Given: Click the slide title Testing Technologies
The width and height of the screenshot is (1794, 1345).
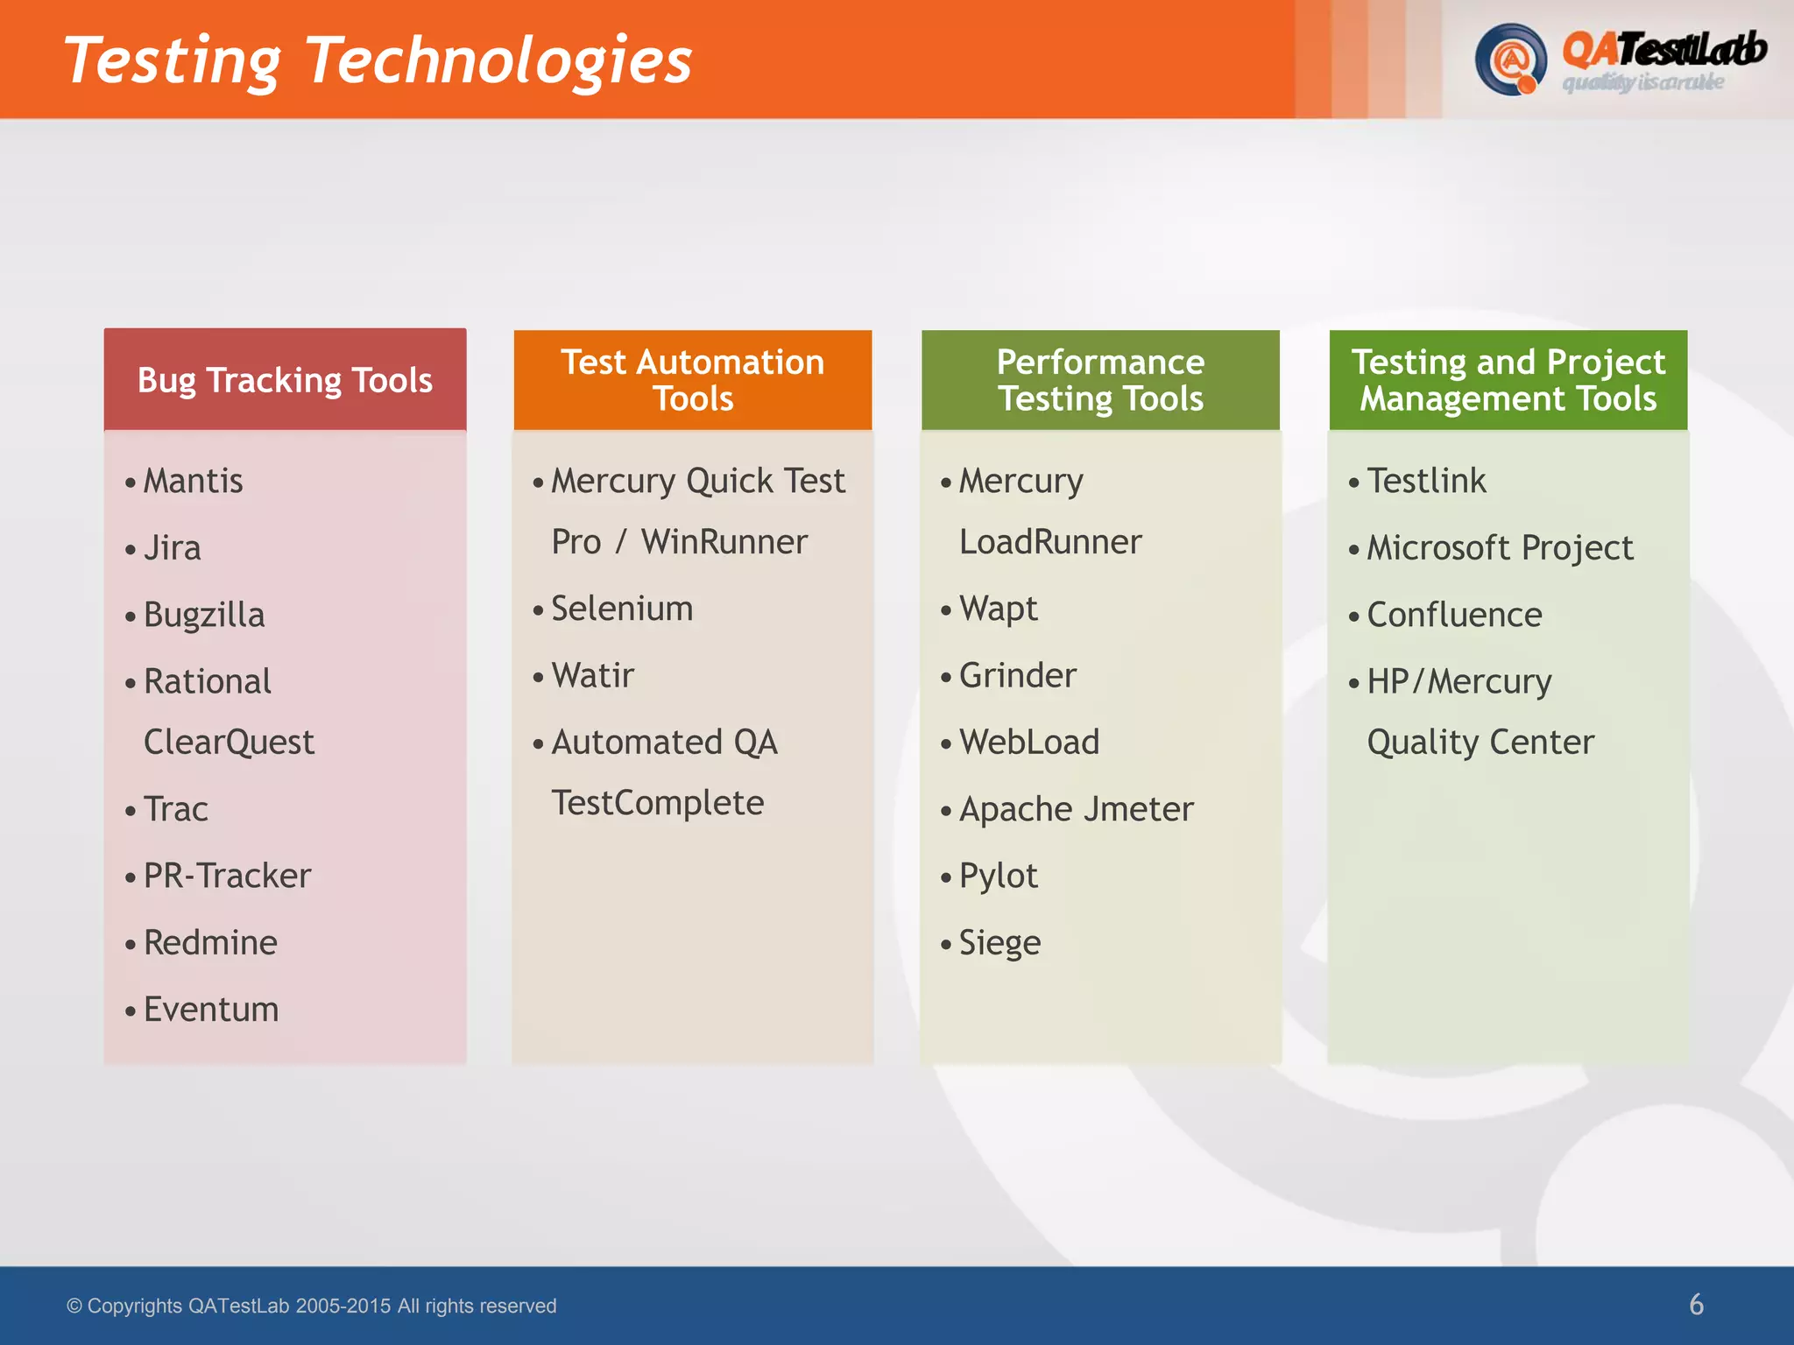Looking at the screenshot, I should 378,61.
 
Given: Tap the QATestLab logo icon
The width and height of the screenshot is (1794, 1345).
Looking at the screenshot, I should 1509,60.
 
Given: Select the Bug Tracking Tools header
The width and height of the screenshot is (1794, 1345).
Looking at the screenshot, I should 285,381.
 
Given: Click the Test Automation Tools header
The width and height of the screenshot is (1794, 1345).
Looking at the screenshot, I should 692,380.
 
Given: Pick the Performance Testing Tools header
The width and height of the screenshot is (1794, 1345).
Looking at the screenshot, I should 1100,380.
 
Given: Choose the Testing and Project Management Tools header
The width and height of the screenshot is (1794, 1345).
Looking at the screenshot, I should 1508,380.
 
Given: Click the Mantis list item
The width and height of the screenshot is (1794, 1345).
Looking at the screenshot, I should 193,481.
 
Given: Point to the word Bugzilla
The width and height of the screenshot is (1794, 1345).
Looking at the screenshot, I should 203,615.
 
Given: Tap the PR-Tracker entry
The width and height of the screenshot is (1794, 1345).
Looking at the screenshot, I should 227,876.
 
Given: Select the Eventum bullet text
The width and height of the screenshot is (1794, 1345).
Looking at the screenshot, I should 211,1010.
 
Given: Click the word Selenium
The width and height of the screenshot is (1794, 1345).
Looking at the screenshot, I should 622,609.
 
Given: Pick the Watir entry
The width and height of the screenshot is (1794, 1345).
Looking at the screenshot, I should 592,676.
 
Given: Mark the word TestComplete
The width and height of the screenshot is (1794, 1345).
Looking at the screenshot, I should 657,803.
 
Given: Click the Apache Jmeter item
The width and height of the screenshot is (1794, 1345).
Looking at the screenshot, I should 1076,809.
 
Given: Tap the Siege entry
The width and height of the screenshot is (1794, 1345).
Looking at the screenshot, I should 999,943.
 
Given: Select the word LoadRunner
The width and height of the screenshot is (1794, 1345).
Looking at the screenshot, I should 1050,542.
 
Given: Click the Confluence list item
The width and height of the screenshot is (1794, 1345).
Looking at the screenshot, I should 1454,615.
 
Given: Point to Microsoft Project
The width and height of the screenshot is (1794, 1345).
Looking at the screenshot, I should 1500,548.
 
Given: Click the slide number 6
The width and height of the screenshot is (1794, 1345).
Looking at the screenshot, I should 1696,1305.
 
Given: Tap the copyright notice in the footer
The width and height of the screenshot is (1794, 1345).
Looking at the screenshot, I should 312,1306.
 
